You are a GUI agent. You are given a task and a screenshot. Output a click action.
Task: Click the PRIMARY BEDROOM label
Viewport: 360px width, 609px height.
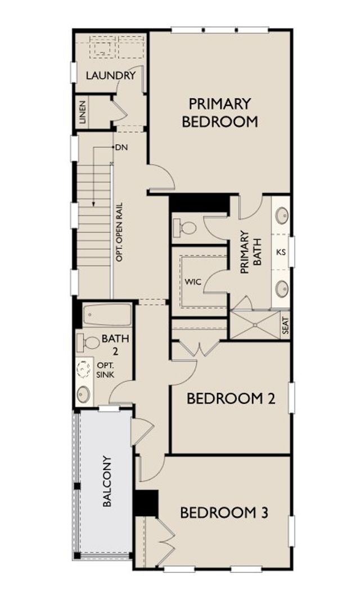tap(220, 112)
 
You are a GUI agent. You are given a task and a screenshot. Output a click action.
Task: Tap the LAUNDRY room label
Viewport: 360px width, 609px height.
tap(111, 75)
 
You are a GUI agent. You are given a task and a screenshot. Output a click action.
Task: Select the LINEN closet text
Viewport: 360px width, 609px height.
tap(83, 112)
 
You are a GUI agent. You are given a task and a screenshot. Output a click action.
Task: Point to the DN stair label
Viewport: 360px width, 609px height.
tap(121, 147)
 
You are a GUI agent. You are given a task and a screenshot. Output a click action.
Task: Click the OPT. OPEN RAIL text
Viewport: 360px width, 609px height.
tap(119, 232)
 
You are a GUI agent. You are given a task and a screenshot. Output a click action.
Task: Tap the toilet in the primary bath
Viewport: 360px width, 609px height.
tap(185, 227)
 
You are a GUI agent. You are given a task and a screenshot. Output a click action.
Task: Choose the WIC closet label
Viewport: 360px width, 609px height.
tap(193, 281)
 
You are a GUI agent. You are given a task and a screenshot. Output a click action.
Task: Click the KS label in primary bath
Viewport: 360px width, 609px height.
tap(281, 252)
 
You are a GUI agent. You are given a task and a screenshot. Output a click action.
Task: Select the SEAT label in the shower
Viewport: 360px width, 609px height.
tap(285, 326)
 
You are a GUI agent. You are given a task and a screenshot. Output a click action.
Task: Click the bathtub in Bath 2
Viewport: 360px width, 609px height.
tap(107, 314)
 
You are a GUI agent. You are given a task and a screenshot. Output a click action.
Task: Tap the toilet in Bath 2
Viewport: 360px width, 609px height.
tap(88, 342)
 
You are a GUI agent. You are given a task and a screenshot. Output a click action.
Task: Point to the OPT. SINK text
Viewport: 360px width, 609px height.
tap(105, 370)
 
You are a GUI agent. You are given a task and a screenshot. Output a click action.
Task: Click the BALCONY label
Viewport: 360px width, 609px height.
tap(107, 481)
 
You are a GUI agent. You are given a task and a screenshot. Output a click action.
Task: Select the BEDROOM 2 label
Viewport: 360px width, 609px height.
tap(231, 399)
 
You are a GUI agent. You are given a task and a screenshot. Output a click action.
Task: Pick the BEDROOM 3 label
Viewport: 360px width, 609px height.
tap(224, 513)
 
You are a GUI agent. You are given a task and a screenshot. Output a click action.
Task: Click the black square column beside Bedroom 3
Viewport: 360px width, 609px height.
tap(146, 503)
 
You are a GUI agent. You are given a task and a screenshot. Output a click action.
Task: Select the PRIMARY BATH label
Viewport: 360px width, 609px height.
tap(251, 252)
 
